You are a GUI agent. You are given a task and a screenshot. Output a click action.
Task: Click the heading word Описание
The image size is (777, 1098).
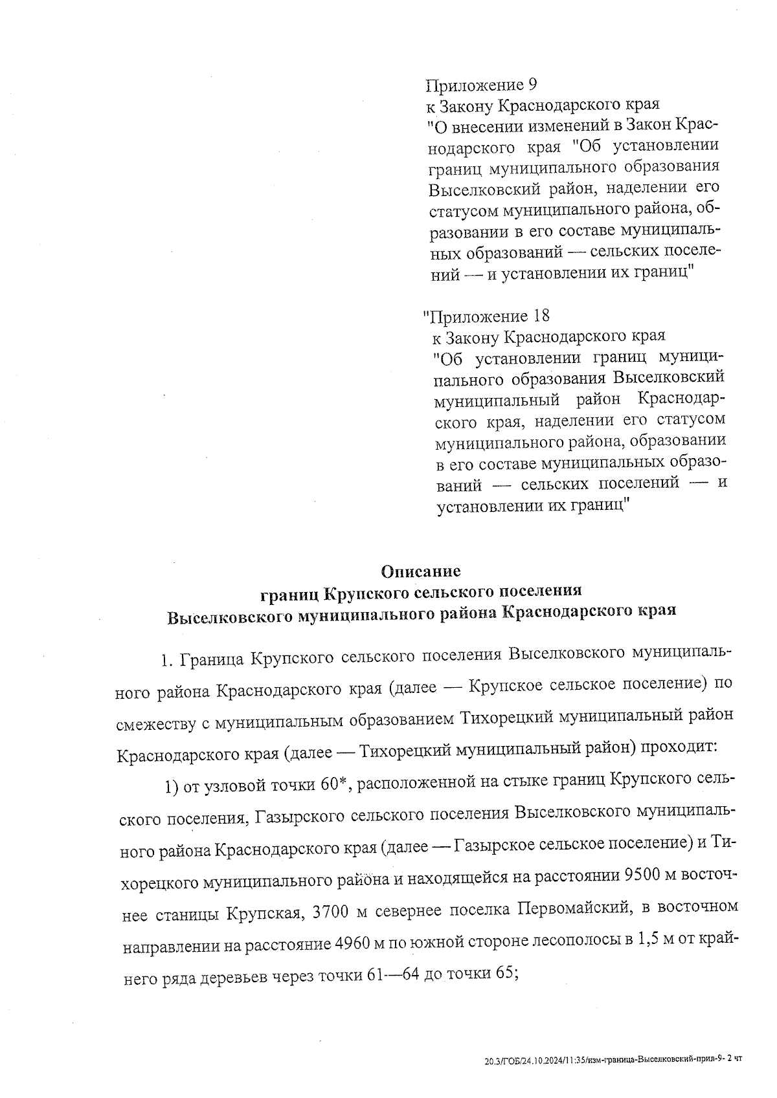pyautogui.click(x=421, y=571)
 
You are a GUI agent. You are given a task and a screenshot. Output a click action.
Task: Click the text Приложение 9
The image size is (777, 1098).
pyautogui.click(x=481, y=85)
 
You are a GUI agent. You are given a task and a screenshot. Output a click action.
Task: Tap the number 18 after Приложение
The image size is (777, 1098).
pyautogui.click(x=539, y=316)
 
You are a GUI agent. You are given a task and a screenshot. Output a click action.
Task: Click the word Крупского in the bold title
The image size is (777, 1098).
pyautogui.click(x=363, y=592)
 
